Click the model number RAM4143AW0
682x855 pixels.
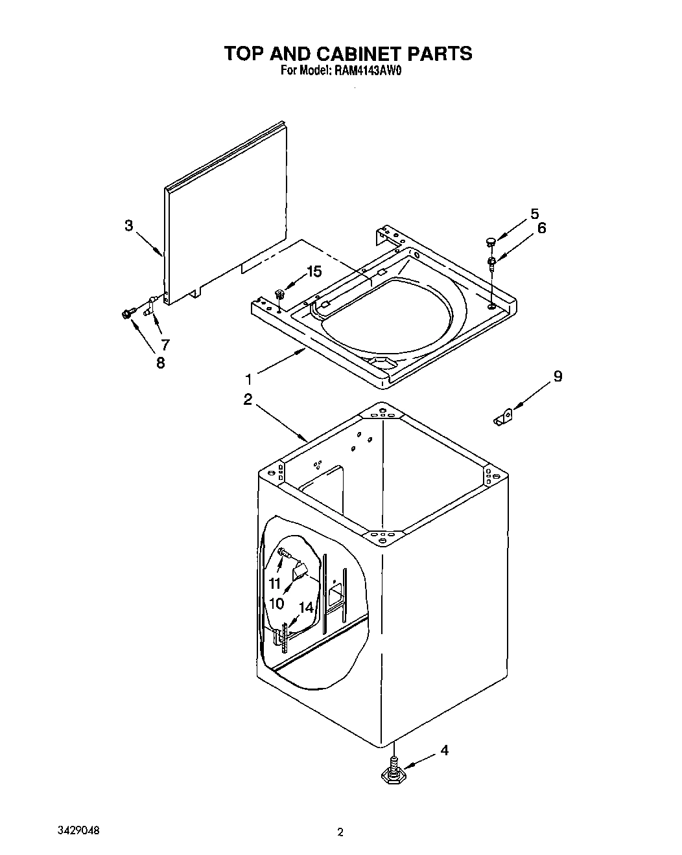click(368, 72)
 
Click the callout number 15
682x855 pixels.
click(314, 272)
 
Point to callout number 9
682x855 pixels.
click(557, 376)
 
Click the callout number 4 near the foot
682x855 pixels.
click(444, 751)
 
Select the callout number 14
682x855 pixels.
click(306, 608)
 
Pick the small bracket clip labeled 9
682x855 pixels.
click(502, 419)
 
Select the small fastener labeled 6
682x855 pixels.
click(492, 262)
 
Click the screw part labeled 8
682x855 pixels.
click(126, 314)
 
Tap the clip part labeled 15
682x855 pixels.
click(280, 294)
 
